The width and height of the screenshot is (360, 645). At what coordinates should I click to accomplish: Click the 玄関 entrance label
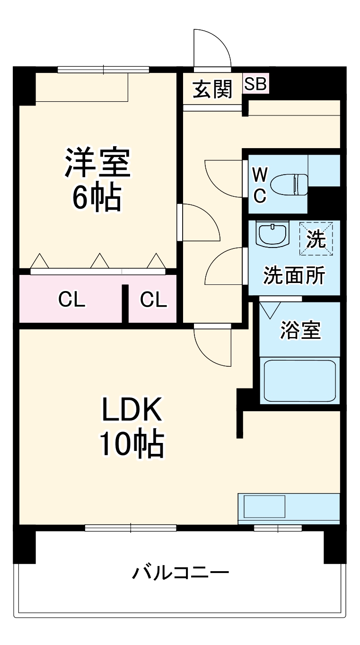(212, 88)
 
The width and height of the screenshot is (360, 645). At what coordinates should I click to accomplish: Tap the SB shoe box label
(255, 84)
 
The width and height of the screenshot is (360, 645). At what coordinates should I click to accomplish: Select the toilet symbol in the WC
(290, 183)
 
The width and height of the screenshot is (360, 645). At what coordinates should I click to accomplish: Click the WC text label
(259, 186)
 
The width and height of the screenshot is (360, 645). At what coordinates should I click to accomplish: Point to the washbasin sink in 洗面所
(272, 234)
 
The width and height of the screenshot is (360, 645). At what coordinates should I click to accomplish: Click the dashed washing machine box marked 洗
(316, 239)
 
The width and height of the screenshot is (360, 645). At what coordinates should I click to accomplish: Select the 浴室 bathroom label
(300, 330)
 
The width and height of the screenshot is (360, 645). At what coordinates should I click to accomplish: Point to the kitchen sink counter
(289, 507)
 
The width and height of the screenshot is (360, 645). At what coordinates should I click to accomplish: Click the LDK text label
(131, 410)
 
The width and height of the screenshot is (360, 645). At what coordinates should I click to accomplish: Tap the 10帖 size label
(131, 444)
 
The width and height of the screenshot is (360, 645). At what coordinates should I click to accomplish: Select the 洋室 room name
(97, 162)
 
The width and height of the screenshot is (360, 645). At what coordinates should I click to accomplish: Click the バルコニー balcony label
(180, 573)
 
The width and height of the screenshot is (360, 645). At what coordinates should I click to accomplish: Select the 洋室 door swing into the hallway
(200, 222)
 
